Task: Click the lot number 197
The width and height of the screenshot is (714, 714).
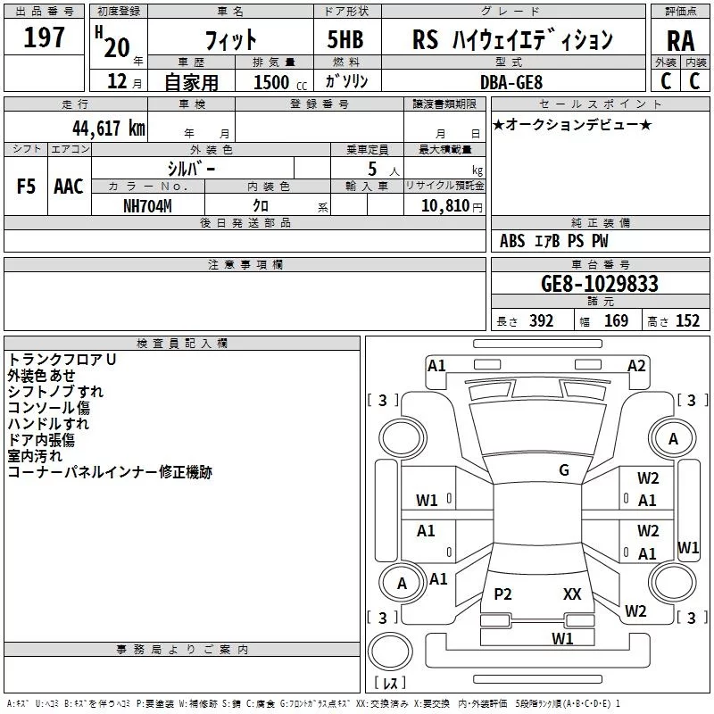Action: click(45, 37)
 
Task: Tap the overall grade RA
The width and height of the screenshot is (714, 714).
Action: click(680, 41)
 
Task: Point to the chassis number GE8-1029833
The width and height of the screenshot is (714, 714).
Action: click(600, 284)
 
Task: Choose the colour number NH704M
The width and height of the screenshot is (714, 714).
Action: click(148, 204)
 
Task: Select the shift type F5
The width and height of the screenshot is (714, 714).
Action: click(26, 187)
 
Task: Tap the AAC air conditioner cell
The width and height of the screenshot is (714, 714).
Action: click(69, 187)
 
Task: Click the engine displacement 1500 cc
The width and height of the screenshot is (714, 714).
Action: click(276, 82)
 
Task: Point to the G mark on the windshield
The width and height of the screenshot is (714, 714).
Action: click(564, 469)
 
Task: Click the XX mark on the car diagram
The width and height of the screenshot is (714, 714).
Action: click(572, 594)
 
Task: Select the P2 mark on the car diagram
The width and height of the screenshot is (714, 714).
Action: click(503, 594)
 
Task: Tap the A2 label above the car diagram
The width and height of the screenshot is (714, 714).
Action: click(636, 365)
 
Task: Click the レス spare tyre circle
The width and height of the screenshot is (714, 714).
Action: click(390, 655)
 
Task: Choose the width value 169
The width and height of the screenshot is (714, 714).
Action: click(616, 321)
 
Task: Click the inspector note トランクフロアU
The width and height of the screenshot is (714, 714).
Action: click(62, 359)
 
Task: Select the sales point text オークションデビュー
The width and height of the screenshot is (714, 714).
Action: click(572, 124)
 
